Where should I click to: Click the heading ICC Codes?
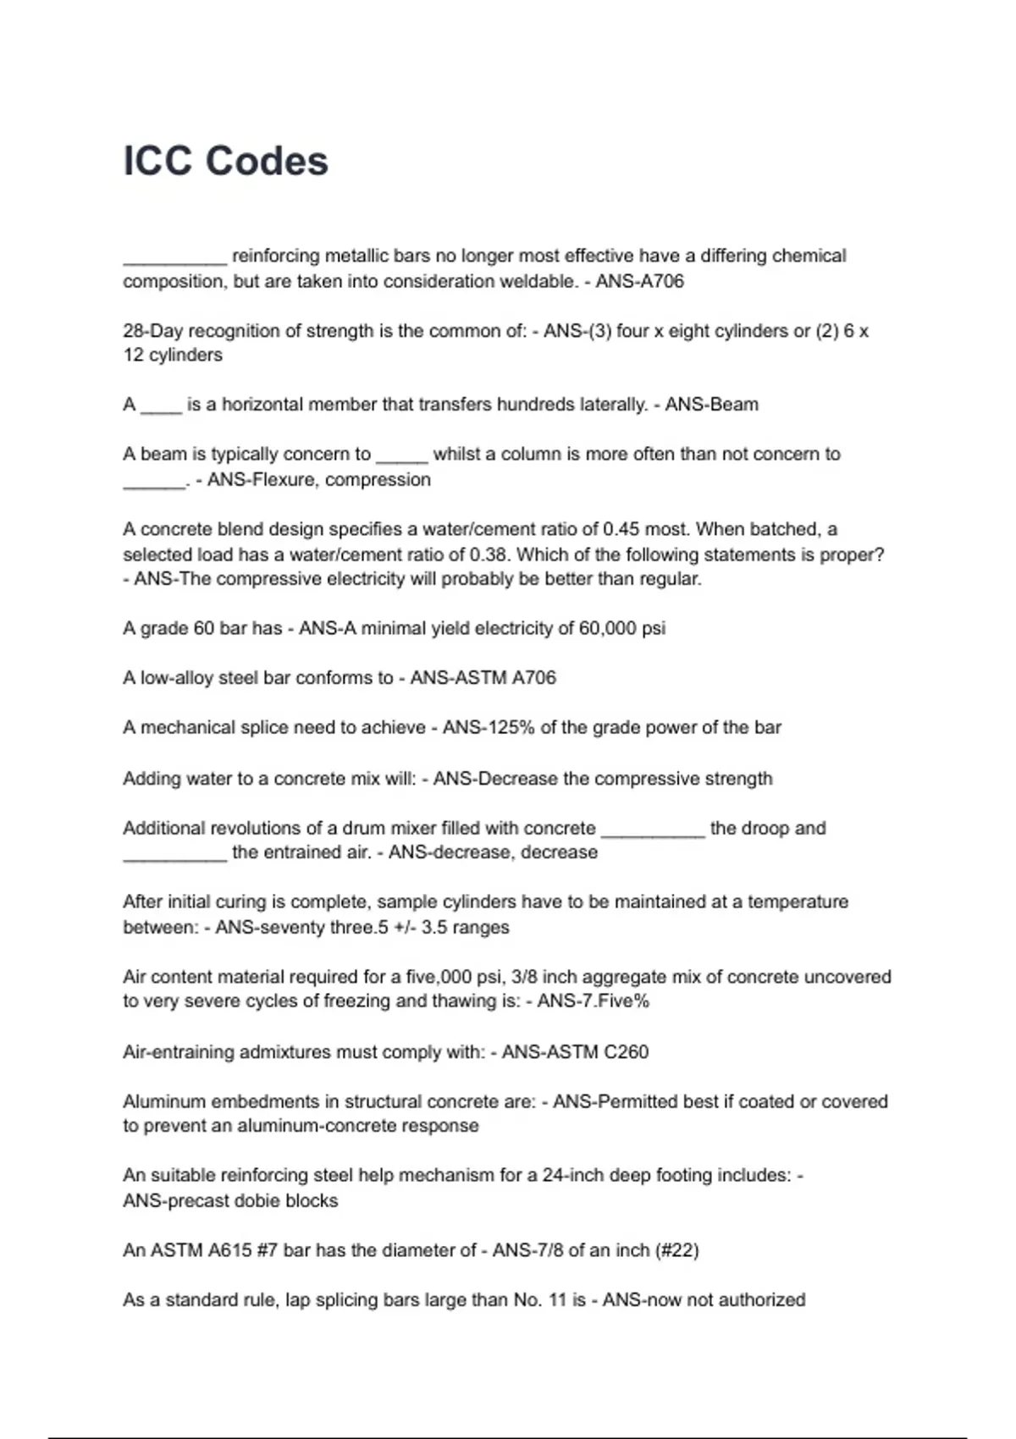tap(225, 161)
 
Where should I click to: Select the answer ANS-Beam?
tap(711, 405)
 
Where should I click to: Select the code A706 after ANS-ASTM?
tap(534, 678)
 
